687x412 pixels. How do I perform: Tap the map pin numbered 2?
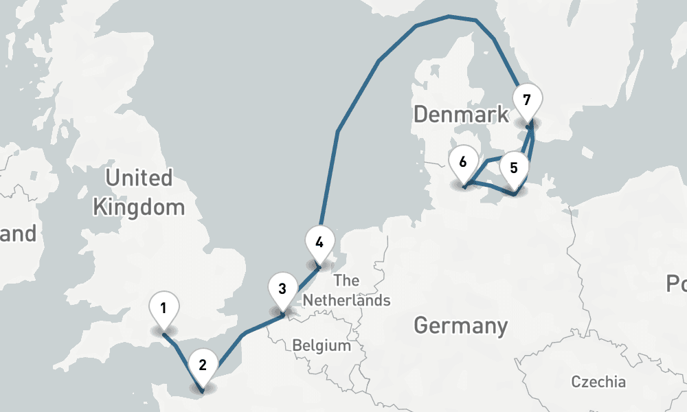click(x=203, y=365)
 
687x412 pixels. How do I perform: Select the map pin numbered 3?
click(x=282, y=289)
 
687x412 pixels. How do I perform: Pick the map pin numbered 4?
click(x=319, y=242)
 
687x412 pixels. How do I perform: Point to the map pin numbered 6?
click(x=463, y=163)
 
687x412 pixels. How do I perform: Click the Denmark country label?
click(x=461, y=114)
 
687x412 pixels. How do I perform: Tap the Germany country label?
click(x=460, y=325)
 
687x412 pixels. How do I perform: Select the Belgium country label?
click(x=322, y=345)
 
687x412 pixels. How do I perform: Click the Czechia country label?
click(x=598, y=382)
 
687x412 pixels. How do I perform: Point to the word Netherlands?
click(x=346, y=300)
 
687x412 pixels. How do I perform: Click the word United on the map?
click(x=139, y=179)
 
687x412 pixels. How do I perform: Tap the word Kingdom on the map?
click(x=139, y=207)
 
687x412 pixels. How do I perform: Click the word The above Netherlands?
click(x=346, y=280)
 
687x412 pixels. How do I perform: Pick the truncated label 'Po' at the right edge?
click(x=676, y=283)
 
